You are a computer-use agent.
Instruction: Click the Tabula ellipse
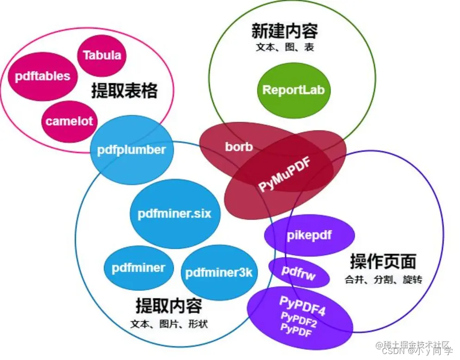tap(102, 56)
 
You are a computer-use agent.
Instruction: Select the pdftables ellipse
tap(42, 76)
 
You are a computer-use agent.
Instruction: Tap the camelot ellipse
tap(69, 122)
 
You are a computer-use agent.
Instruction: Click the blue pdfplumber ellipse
tap(131, 149)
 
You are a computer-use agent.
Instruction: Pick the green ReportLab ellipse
tap(294, 90)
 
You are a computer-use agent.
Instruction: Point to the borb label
tap(239, 147)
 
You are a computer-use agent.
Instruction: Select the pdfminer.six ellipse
tap(174, 214)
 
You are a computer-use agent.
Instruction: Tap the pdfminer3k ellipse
tap(219, 273)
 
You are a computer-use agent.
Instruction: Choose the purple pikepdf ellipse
tap(309, 236)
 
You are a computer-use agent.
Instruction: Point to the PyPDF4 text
tap(302, 306)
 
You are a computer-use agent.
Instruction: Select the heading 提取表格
tap(124, 91)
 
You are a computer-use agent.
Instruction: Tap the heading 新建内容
tap(285, 31)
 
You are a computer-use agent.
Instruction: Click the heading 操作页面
tap(383, 262)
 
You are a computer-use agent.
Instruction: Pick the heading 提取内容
tap(169, 306)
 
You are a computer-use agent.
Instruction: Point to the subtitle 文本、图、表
tap(285, 47)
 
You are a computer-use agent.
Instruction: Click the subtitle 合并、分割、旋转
tap(383, 280)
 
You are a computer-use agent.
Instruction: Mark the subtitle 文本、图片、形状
tap(169, 324)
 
